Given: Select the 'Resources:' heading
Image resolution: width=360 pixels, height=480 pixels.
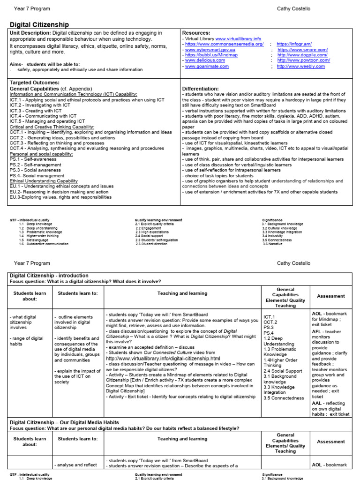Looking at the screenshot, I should [196, 33].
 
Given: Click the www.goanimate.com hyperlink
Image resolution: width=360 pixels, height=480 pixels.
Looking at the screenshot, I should [207, 67].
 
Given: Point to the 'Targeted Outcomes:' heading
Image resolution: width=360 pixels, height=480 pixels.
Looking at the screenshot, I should [34, 82].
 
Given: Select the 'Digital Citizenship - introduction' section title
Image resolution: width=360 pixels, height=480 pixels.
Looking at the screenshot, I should [49, 276].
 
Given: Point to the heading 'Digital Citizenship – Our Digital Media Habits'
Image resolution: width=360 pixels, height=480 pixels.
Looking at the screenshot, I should [64, 422].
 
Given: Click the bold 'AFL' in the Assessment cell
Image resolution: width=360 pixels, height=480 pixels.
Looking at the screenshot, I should [317, 332].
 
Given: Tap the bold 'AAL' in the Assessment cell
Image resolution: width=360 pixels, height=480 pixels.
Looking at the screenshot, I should [317, 403].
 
